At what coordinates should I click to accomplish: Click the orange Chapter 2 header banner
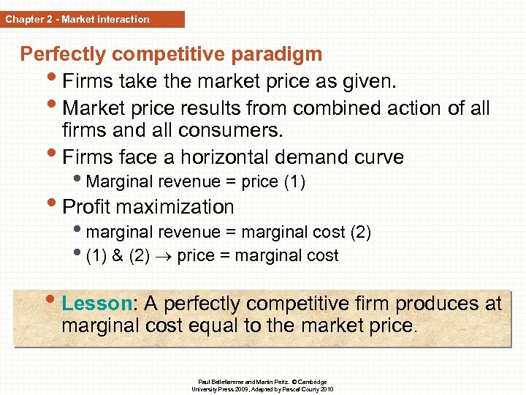click(92, 19)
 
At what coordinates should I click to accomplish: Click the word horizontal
click(223, 157)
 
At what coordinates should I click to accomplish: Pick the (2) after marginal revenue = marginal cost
click(361, 233)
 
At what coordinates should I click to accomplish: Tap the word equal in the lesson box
click(213, 326)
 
